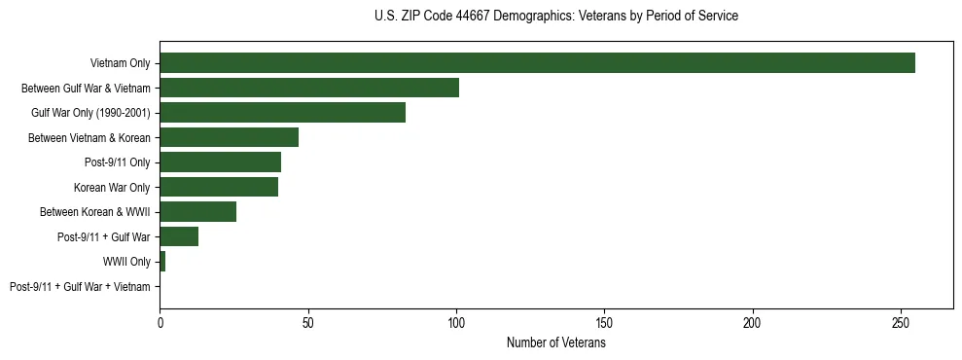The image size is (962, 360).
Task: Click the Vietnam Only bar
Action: pyautogui.click(x=537, y=63)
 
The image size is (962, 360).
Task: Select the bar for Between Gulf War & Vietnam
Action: pyautogui.click(x=309, y=88)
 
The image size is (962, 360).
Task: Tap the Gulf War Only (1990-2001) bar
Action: pyautogui.click(x=282, y=113)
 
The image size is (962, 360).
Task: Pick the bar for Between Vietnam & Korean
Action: pyautogui.click(x=229, y=137)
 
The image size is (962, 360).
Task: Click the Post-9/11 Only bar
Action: pyautogui.click(x=220, y=162)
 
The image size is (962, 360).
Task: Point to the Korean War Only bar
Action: pyautogui.click(x=219, y=187)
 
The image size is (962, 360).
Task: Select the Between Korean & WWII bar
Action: pyautogui.click(x=197, y=212)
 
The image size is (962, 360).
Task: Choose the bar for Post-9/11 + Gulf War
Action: pyautogui.click(x=179, y=236)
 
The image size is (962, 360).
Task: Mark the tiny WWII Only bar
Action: pyautogui.click(x=162, y=262)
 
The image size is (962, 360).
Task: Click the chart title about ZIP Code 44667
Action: pyautogui.click(x=555, y=17)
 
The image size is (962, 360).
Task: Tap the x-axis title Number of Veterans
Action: pyautogui.click(x=555, y=343)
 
